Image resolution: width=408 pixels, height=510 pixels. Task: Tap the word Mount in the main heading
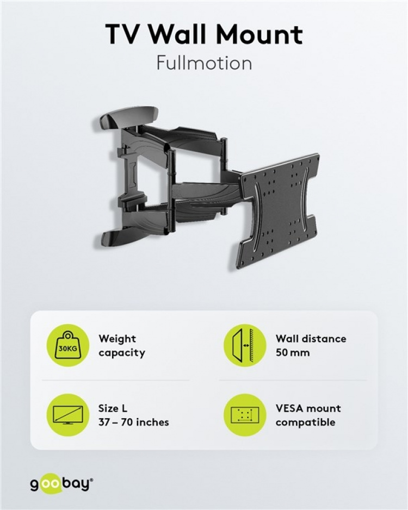265,35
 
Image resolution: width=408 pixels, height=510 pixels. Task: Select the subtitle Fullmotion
204,63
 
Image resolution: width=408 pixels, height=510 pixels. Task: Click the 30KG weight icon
68,345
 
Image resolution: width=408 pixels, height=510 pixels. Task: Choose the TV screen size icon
68,415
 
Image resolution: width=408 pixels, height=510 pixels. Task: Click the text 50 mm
293,352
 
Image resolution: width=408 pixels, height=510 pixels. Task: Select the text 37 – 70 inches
134,422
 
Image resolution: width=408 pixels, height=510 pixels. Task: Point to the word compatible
305,422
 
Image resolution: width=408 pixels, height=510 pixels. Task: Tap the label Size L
113,408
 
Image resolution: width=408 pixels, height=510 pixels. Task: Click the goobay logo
61,484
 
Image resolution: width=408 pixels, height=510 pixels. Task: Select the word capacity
122,352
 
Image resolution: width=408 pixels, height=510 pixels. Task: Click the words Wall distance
311,338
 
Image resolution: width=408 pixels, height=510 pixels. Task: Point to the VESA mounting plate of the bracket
277,212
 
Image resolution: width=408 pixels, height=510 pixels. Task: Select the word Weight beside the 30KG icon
117,338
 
